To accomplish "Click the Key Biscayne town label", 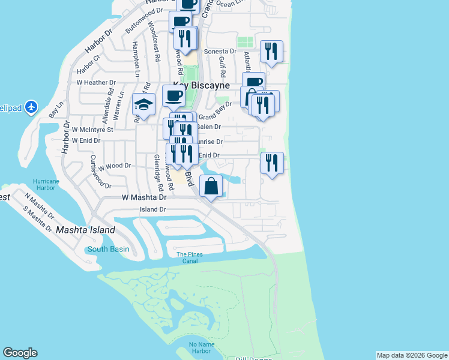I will pos(201,86).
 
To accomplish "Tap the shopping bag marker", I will pos(211,187).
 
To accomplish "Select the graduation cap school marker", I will pos(143,104).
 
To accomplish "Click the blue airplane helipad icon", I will pos(31,107).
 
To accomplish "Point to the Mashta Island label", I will pos(85,230).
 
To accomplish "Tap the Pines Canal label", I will pos(189,257).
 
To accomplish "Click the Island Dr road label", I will pos(152,209).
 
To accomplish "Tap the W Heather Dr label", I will pos(95,82).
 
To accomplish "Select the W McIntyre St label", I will pos(92,129).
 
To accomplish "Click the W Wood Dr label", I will pos(115,166).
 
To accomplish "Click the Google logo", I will pos(20,353).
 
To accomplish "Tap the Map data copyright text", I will pos(412,355).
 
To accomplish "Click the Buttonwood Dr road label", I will pos(143,20).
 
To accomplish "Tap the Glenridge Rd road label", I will pos(158,173).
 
